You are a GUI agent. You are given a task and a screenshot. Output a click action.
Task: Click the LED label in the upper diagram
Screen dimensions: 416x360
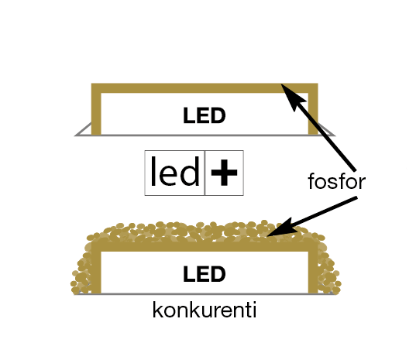tap(205, 115)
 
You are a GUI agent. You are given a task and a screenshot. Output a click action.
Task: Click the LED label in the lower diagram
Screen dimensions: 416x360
tap(205, 273)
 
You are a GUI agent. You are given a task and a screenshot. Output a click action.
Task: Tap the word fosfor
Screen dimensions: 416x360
tap(337, 181)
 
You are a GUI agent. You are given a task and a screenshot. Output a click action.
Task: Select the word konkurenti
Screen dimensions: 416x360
tap(205, 310)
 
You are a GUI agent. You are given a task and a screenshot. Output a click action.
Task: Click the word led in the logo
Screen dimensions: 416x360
tap(175, 171)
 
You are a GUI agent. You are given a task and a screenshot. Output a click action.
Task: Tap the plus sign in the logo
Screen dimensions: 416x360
tap(224, 173)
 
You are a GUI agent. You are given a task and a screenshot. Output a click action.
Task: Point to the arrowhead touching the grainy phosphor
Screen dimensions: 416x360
tap(280, 228)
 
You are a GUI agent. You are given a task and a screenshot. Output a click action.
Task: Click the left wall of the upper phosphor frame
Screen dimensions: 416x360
tap(96, 109)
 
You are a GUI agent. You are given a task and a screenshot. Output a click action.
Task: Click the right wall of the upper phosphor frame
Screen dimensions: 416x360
tap(313, 109)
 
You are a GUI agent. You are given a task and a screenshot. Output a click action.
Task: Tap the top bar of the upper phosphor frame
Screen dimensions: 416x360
tap(205, 88)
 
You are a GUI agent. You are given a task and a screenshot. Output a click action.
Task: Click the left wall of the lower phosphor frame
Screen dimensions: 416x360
tap(96, 268)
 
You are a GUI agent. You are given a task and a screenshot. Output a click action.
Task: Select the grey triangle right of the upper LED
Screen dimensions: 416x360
tap(325, 131)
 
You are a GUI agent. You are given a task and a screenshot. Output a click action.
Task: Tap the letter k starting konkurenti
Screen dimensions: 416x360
tap(157, 310)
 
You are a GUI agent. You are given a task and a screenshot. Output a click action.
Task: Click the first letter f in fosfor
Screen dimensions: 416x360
tap(311, 181)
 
